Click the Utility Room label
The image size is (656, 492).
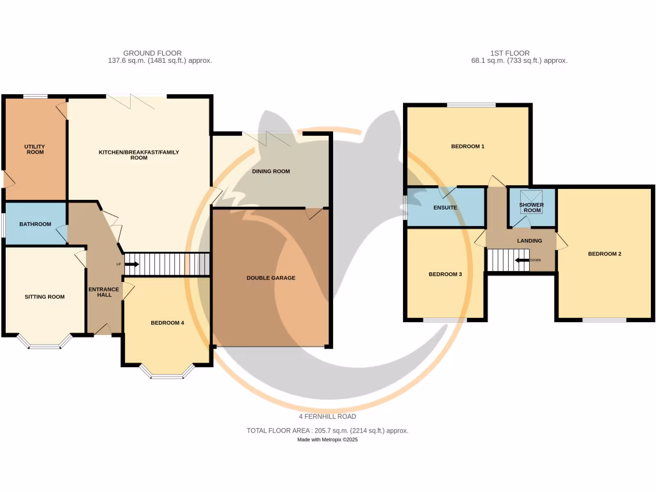pyautogui.click(x=35, y=149)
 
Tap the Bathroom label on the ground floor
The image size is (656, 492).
pyautogui.click(x=35, y=224)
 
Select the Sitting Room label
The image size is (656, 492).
pyautogui.click(x=45, y=297)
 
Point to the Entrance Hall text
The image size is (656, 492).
pyautogui.click(x=104, y=291)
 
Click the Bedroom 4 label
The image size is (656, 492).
pyautogui.click(x=167, y=323)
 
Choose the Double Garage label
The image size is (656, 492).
pyautogui.click(x=271, y=278)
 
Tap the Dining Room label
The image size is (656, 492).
pyautogui.click(x=271, y=171)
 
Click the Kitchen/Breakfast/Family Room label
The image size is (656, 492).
pyautogui.click(x=139, y=154)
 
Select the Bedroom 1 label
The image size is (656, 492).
pyautogui.click(x=468, y=147)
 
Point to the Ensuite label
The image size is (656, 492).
pyautogui.click(x=445, y=208)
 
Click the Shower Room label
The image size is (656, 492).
pyautogui.click(x=532, y=208)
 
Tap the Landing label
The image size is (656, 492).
pyautogui.click(x=530, y=241)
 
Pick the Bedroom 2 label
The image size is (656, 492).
pyautogui.click(x=605, y=254)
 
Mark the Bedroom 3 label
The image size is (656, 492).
pyautogui.click(x=445, y=274)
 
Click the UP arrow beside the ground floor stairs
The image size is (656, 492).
pyautogui.click(x=131, y=264)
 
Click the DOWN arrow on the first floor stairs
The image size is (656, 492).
pyautogui.click(x=522, y=260)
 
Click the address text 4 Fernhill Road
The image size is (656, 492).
pyautogui.click(x=327, y=416)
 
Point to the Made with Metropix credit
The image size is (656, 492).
pyautogui.click(x=327, y=439)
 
